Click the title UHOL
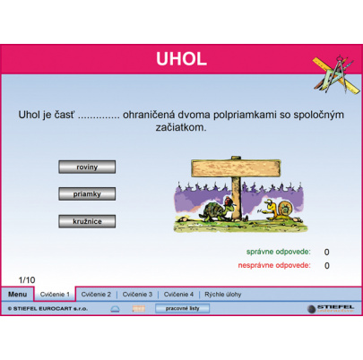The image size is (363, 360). pos(181,60)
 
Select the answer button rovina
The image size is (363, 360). pos(87,166)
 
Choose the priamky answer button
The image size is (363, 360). pos(87,193)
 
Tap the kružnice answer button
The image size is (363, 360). pos(87,220)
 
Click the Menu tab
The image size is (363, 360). pos(17,294)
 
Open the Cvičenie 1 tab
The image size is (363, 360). pos(54,294)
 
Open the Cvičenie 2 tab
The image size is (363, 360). pos(96,294)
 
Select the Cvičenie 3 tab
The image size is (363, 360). pos(137,294)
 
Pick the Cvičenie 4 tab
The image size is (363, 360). pos(178,294)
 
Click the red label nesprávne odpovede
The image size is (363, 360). pos(274,265)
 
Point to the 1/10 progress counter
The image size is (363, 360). pos(27,279)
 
